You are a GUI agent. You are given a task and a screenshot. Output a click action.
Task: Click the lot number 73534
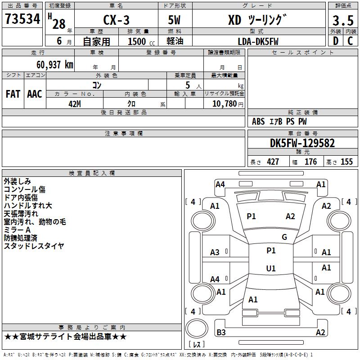coord(22,19)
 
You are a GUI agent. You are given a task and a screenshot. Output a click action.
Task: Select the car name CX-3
coord(116,20)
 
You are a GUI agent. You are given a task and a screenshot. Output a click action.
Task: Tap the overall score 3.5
coord(343,20)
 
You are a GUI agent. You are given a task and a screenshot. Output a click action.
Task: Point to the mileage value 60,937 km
coord(55,64)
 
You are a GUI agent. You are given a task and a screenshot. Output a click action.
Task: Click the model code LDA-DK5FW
coord(258,41)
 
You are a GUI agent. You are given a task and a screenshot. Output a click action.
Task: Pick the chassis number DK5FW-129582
coord(302,143)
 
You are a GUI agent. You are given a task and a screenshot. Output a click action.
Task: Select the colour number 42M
coord(75,104)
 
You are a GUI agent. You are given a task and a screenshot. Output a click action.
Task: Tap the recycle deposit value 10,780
coord(225,104)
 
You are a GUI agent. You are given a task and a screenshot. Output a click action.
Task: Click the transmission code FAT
coord(13,94)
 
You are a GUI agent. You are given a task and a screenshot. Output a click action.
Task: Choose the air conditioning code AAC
coord(35,94)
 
